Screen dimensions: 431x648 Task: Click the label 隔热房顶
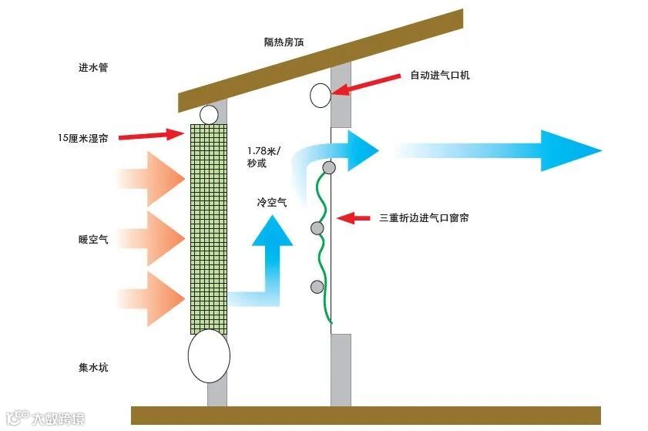coord(284,42)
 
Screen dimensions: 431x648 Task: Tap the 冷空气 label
coord(272,203)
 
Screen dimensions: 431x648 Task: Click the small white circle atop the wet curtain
coord(209,115)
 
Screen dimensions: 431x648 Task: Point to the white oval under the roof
coord(321,95)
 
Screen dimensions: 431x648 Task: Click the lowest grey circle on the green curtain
coord(317,287)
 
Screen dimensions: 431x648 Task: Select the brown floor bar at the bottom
coord(365,415)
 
